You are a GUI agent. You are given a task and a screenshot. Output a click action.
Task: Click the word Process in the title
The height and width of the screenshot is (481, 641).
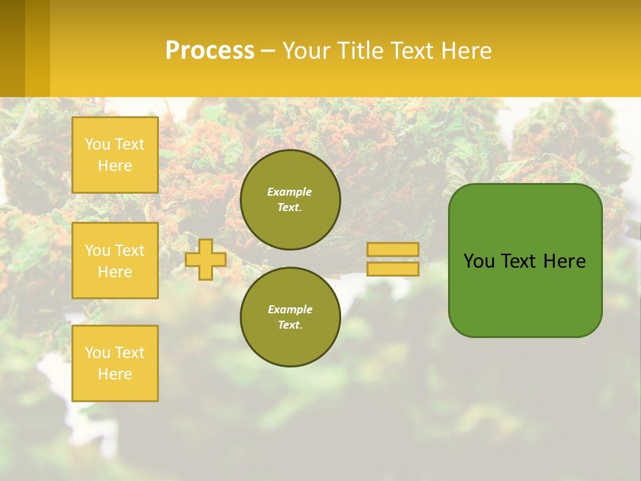(210, 51)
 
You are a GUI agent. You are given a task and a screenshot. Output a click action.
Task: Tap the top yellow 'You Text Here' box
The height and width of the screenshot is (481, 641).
(115, 155)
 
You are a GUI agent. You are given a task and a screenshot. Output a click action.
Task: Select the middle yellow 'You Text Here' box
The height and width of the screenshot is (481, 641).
(115, 261)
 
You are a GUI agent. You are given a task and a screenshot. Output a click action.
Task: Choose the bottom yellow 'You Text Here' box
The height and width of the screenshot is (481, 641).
(115, 363)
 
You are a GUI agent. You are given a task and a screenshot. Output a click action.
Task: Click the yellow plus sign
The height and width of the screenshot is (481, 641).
(206, 259)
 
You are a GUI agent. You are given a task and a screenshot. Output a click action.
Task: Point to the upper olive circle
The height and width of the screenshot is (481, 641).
(290, 200)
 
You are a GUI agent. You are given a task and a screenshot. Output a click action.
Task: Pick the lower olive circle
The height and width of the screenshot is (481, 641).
(290, 317)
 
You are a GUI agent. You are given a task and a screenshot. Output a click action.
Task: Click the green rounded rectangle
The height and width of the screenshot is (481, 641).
(525, 294)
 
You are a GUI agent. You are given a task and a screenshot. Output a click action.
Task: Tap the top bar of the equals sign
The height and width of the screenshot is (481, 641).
(393, 250)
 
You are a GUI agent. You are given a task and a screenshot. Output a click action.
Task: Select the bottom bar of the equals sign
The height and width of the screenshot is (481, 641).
(393, 269)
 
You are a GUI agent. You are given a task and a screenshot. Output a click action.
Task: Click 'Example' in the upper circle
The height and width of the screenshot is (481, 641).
(290, 192)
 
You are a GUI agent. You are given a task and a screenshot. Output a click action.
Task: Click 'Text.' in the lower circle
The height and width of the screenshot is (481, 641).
(290, 325)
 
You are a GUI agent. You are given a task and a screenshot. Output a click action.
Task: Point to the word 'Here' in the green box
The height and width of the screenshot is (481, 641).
(564, 261)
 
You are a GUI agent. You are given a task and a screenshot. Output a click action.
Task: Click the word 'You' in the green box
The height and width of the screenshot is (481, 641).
(479, 261)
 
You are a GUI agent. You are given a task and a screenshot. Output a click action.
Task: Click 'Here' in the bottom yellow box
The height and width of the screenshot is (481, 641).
(115, 374)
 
